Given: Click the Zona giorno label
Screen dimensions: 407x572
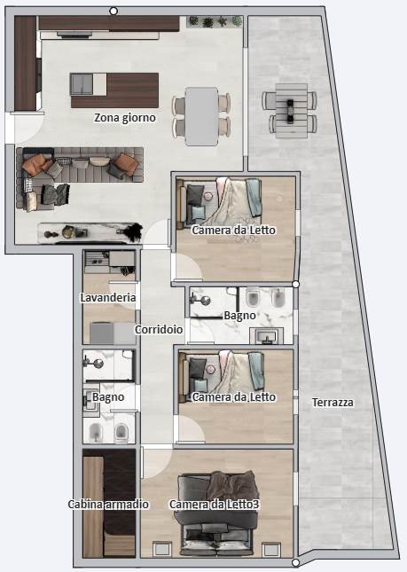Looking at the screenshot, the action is tap(125, 118).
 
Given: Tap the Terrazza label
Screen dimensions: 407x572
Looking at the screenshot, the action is tap(333, 403).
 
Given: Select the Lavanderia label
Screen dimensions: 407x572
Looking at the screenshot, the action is tap(108, 298).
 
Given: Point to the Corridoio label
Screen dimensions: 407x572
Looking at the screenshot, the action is tap(159, 329).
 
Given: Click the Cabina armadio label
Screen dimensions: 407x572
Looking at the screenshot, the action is tap(108, 504).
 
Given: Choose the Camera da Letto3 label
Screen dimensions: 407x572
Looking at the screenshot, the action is tap(215, 504).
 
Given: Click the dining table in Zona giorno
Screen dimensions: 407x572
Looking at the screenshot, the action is tap(201, 116).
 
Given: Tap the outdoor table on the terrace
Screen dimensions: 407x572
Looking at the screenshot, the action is tap(291, 111).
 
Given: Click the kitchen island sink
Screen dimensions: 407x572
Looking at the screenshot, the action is tap(82, 84).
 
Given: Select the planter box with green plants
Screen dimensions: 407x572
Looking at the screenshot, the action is tap(215, 22).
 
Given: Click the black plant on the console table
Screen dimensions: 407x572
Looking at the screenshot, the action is tap(132, 231).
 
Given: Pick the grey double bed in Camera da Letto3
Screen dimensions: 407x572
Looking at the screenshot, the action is tap(216, 514).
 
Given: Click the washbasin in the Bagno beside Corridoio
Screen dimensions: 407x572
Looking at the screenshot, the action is tap(267, 335).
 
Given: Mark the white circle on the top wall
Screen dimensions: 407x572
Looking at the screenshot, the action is tap(113, 12).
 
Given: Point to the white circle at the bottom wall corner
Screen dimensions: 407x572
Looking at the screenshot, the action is tap(296, 563).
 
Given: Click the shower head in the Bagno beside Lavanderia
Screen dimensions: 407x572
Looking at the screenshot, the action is tap(98, 364).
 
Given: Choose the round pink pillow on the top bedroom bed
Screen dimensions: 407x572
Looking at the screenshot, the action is tap(208, 196).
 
